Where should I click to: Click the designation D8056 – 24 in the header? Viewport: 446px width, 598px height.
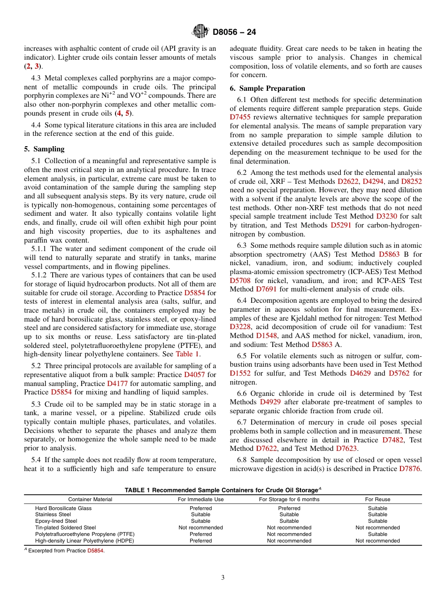(234, 32)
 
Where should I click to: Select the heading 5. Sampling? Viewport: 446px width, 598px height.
(44, 149)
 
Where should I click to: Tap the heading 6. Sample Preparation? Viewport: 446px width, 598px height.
(267, 88)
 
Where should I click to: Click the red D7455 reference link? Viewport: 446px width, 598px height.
(240, 118)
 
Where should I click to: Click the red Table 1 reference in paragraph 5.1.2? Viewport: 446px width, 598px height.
(187, 354)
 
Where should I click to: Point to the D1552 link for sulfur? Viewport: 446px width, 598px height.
(240, 373)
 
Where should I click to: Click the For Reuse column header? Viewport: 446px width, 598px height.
(377, 499)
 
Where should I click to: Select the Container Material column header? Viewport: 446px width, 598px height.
(90, 499)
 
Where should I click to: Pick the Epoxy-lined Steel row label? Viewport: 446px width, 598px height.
(56, 521)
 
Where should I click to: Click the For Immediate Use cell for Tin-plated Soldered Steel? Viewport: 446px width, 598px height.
(200, 527)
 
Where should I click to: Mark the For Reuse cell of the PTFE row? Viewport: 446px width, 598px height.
(377, 534)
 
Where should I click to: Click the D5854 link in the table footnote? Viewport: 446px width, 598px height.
(95, 551)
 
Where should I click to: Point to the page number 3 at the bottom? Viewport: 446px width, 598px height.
(223, 578)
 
